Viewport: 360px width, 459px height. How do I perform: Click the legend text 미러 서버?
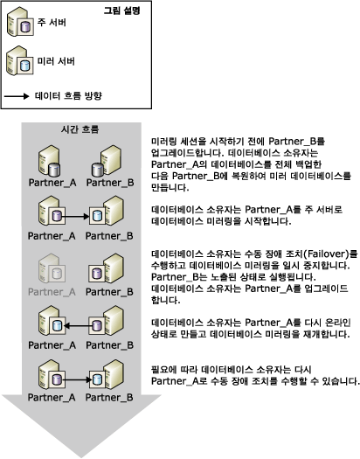tap(59, 61)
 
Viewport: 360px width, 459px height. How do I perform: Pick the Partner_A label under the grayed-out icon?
tap(52, 289)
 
